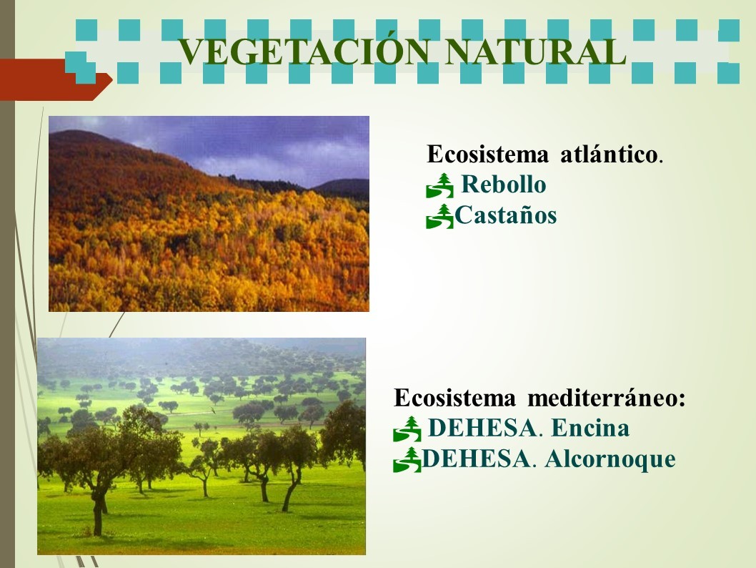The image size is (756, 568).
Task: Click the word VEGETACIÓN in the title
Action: (304, 52)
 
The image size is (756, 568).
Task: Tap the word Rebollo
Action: (504, 185)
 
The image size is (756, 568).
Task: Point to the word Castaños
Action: (506, 215)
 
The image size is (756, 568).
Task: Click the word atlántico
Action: (609, 155)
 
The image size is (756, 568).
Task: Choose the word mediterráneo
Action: (607, 398)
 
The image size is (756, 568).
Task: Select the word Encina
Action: (590, 428)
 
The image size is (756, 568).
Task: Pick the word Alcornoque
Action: (610, 459)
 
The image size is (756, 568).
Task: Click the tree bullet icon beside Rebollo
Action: (439, 186)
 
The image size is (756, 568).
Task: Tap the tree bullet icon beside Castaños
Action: (439, 216)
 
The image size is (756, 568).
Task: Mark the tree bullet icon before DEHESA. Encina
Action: (407, 429)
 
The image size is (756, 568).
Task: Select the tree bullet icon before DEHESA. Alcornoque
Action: (407, 460)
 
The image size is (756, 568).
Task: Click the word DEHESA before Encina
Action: (482, 428)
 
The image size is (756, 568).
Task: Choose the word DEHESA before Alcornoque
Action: (475, 459)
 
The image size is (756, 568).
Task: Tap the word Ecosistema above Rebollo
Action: (487, 155)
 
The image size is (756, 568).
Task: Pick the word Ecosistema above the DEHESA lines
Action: (454, 398)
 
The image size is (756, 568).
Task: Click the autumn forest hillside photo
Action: (209, 214)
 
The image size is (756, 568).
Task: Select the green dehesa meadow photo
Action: (202, 446)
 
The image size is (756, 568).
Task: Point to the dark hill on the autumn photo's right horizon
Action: (343, 187)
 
